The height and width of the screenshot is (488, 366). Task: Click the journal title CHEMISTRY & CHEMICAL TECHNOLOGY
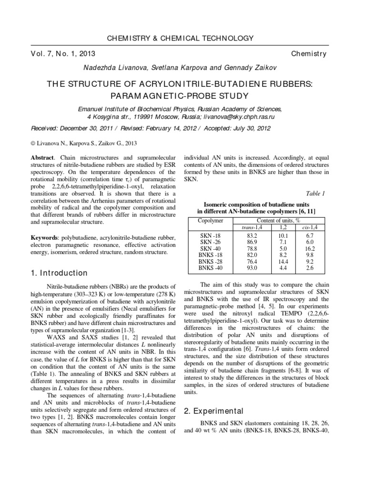tap(183, 38)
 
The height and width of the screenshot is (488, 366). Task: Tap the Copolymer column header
tap(210, 221)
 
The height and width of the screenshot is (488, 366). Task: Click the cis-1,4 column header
tap(310, 228)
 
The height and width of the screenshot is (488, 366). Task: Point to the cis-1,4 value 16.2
tap(310, 248)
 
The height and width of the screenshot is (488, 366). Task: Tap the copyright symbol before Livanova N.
tap(32, 142)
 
